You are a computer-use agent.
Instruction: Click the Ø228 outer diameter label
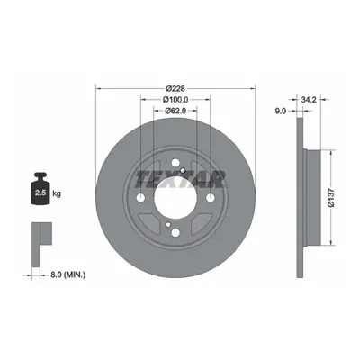pos(175,88)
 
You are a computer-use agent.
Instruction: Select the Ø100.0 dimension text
pos(175,100)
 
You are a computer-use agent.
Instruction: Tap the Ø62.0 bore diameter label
pos(175,111)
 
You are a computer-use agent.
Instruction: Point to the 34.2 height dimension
pos(309,100)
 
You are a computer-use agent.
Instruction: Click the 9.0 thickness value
pos(280,111)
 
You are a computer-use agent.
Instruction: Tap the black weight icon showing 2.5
pos(40,188)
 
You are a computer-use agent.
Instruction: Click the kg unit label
pos(57,193)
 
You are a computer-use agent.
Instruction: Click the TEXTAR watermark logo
pos(180,180)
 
